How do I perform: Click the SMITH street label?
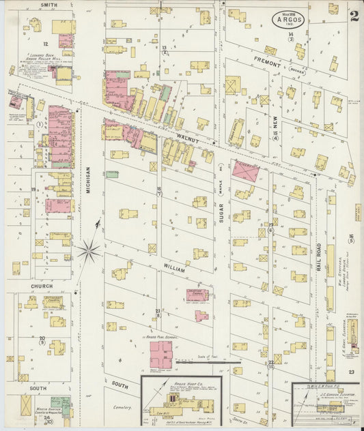48,5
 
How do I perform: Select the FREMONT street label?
268,63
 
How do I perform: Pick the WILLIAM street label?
174,270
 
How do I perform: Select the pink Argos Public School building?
161,353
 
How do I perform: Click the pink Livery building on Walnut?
244,171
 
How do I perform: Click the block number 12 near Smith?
46,43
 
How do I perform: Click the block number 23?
350,372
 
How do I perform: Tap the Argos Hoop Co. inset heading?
181,384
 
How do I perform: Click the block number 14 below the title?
290,34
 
